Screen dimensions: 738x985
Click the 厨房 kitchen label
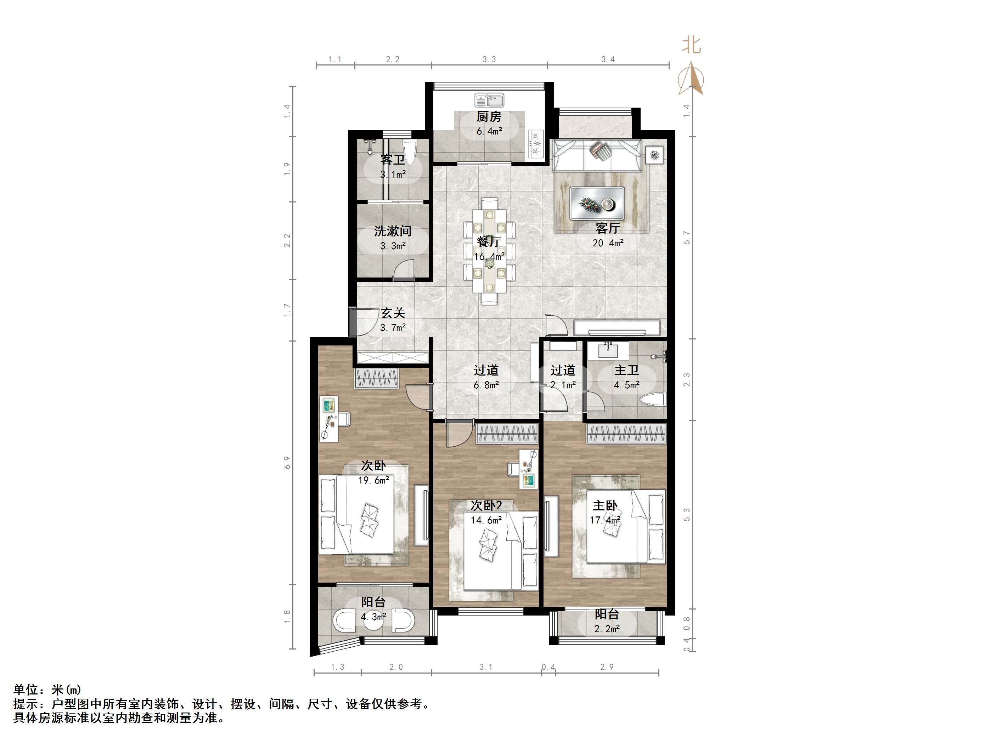pyautogui.click(x=489, y=117)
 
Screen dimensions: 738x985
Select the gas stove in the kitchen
pyautogui.click(x=536, y=143)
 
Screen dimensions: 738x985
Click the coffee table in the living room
pyautogui.click(x=597, y=203)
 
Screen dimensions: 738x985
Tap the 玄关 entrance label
pyautogui.click(x=393, y=313)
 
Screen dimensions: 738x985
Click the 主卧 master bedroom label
pyautogui.click(x=605, y=505)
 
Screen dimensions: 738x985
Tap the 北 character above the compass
pyautogui.click(x=692, y=45)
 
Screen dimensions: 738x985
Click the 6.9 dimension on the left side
pyautogui.click(x=287, y=463)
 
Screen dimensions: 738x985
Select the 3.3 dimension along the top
pyautogui.click(x=489, y=59)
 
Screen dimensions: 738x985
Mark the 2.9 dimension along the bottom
pyautogui.click(x=607, y=667)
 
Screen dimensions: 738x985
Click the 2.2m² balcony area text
pyautogui.click(x=607, y=629)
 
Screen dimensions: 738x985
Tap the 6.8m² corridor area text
pyautogui.click(x=486, y=385)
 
